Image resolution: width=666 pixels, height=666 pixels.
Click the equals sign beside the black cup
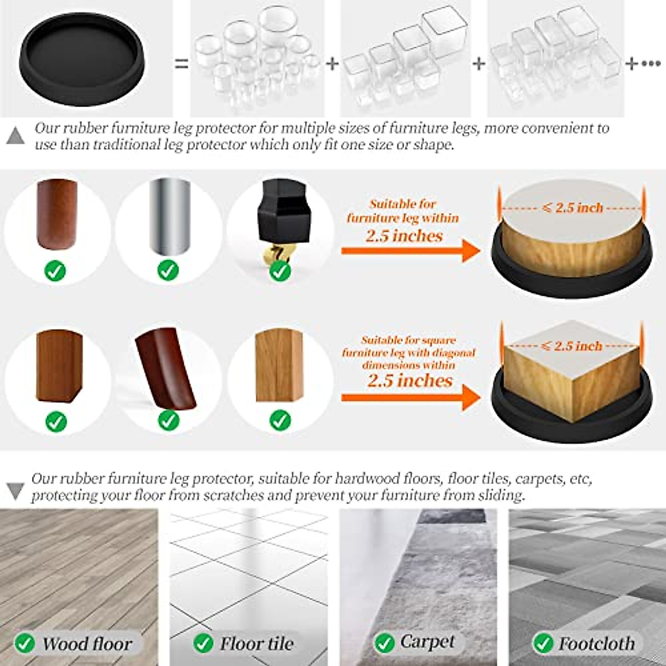181,64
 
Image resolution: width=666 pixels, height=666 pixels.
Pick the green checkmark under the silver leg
168,270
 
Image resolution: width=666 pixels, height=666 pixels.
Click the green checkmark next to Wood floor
24,643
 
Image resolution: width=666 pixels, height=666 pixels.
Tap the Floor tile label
256,644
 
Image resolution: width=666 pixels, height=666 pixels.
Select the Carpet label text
427,642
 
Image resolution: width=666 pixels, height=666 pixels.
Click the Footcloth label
596,643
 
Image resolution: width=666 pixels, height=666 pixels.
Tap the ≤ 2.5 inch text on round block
572,208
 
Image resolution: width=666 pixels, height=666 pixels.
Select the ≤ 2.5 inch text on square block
572,346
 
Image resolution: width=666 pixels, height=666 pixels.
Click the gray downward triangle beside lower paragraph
15,490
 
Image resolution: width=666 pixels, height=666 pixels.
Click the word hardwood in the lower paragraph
366,478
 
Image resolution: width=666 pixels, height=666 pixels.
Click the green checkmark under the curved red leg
168,420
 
